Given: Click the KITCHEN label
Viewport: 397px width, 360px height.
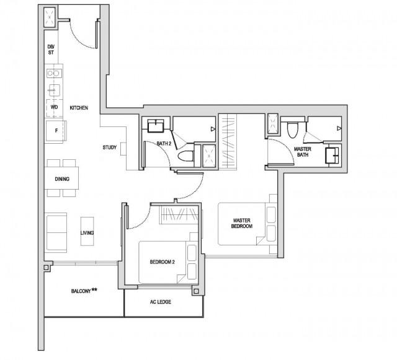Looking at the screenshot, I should pyautogui.click(x=79, y=108).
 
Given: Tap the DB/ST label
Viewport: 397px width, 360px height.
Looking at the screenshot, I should pyautogui.click(x=51, y=50).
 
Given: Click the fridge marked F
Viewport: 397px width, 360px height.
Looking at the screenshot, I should pyautogui.click(x=54, y=130).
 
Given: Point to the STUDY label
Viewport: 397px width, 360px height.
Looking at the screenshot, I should pyautogui.click(x=111, y=147).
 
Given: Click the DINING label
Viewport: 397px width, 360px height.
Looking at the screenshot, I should pyautogui.click(x=62, y=180).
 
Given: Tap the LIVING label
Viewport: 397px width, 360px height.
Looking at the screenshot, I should pyautogui.click(x=87, y=233).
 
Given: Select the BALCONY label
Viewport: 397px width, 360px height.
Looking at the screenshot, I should pyautogui.click(x=84, y=290).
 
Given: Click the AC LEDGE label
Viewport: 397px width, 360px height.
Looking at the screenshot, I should pyautogui.click(x=161, y=302).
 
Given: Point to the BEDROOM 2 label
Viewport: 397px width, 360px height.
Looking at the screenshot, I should pyautogui.click(x=162, y=262).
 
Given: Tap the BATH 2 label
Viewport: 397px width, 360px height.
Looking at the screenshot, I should pyautogui.click(x=164, y=144).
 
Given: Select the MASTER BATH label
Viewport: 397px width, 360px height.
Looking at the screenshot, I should pyautogui.click(x=303, y=152).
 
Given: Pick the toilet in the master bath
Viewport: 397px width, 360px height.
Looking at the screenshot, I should pyautogui.click(x=293, y=129).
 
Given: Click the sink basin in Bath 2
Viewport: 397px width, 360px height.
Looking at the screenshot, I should pyautogui.click(x=155, y=126).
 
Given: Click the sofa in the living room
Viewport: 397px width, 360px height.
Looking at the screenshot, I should pyautogui.click(x=56, y=232).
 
